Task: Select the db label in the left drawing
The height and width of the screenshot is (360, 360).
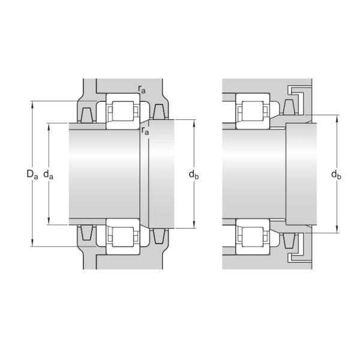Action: [194, 175]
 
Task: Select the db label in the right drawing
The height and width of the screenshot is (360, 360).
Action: [337, 175]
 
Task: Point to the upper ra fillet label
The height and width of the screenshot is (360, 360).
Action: [142, 89]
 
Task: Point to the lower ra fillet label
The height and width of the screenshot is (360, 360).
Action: [145, 130]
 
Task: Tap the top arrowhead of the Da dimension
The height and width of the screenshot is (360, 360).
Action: [31, 103]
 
